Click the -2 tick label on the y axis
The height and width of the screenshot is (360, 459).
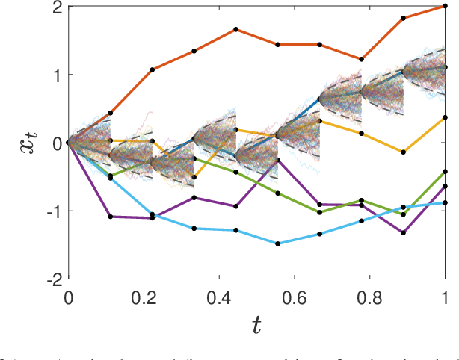(52, 279)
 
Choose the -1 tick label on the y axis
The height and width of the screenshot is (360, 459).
(52, 211)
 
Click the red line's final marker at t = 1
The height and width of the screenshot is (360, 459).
(446, 7)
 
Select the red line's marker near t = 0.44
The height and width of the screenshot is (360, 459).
(235, 29)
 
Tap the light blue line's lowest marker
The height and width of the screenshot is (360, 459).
(277, 243)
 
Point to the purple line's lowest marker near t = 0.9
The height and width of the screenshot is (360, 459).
(404, 232)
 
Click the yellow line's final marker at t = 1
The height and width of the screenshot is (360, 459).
(446, 117)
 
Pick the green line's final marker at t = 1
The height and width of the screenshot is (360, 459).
(446, 172)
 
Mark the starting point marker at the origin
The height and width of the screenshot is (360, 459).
(68, 143)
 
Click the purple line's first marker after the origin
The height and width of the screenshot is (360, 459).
(110, 217)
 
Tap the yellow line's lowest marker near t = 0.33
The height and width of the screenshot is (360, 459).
(194, 177)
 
